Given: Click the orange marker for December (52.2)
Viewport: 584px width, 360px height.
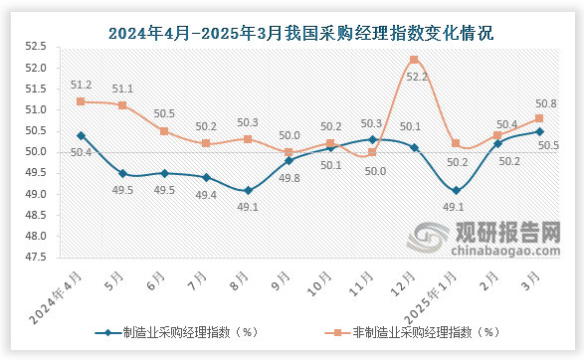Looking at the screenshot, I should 414,59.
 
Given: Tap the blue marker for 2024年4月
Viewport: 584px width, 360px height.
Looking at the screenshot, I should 80,135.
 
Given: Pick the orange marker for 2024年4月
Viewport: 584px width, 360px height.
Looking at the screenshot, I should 80,101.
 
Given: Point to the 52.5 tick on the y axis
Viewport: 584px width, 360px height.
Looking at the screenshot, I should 37,47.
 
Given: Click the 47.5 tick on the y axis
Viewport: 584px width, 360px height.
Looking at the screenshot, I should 37,257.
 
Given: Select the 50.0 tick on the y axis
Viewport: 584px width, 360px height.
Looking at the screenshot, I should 37,152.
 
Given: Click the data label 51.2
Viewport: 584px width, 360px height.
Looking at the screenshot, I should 82,86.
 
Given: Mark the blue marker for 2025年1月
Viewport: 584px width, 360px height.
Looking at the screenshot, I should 456,190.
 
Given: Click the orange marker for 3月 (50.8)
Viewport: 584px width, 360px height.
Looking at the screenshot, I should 539,118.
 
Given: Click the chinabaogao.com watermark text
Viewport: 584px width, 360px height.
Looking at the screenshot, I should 505,255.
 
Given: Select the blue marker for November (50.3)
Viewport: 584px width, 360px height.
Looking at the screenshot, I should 372,139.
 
